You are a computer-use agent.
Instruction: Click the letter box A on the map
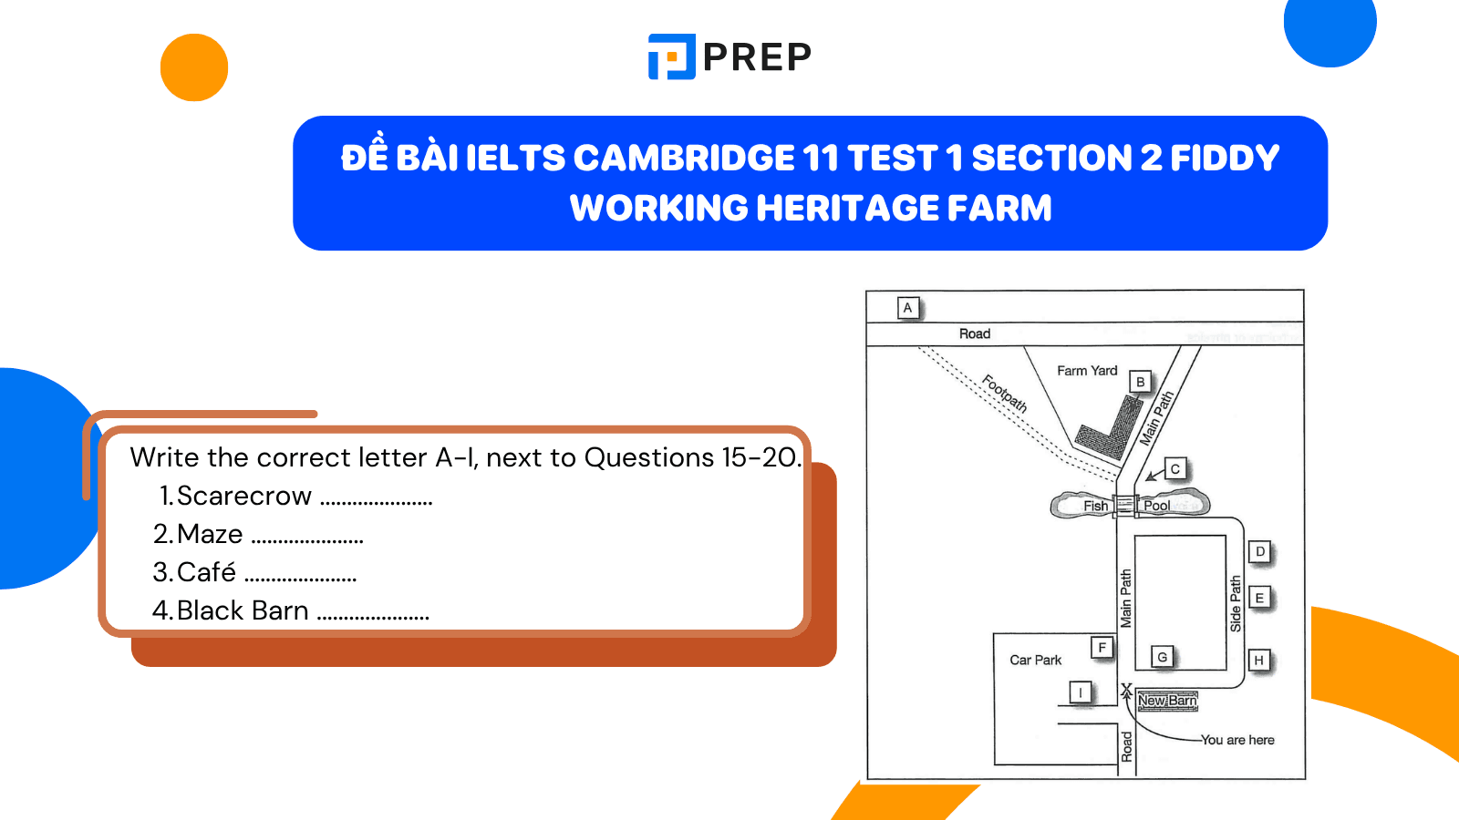click(907, 308)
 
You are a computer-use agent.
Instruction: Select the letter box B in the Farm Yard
click(1140, 382)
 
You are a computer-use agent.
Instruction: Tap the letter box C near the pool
click(1174, 469)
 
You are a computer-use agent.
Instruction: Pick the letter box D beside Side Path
click(1260, 551)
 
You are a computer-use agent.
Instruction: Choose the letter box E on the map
click(1259, 598)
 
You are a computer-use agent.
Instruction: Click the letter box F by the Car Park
click(1102, 648)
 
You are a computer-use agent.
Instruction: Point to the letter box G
click(1162, 657)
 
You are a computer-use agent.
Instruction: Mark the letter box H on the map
click(1259, 661)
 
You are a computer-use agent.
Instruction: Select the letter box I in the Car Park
click(1081, 692)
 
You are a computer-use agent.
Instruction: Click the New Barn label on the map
click(1167, 701)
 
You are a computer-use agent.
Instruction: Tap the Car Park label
click(1035, 660)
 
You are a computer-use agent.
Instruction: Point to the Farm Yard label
click(1087, 371)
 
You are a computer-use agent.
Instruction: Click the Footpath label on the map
click(1004, 394)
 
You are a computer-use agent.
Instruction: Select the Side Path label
click(1236, 603)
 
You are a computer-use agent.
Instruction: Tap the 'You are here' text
click(1237, 740)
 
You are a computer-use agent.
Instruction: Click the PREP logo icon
click(672, 56)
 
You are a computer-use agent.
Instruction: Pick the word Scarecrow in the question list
click(243, 496)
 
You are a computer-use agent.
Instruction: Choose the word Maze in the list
click(210, 534)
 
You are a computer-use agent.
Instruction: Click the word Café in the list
click(206, 572)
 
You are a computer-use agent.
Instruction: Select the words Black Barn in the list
click(243, 610)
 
